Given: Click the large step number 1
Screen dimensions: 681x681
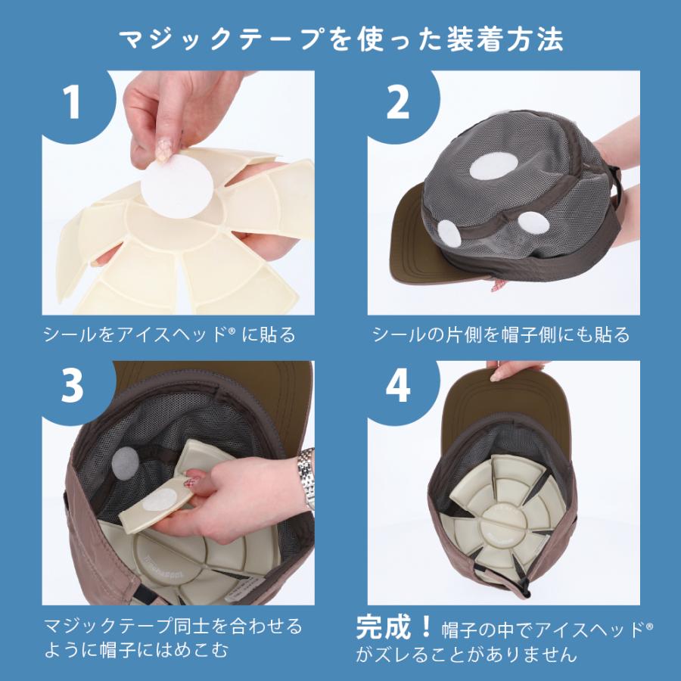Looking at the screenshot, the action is pyautogui.click(x=72, y=101).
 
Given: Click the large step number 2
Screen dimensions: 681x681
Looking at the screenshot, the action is pyautogui.click(x=397, y=101).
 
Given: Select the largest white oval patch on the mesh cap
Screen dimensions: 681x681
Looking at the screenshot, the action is pyautogui.click(x=494, y=166).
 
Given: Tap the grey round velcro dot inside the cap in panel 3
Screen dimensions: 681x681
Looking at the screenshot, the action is pyautogui.click(x=124, y=462).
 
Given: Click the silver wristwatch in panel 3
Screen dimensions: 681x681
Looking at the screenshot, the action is pyautogui.click(x=306, y=477).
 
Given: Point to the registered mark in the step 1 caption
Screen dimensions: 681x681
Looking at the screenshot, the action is pyautogui.click(x=232, y=331).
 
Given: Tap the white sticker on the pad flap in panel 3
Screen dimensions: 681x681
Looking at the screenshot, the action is pyautogui.click(x=159, y=499).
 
